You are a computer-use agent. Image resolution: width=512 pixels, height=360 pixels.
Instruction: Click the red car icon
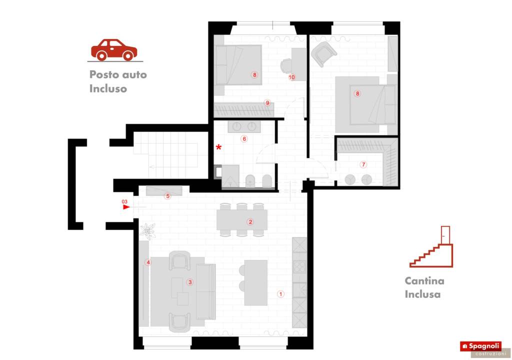(x=114, y=50)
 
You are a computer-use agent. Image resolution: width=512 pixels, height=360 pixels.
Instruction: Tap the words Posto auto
(x=118, y=74)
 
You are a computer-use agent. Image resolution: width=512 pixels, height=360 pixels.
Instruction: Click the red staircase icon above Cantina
(x=431, y=246)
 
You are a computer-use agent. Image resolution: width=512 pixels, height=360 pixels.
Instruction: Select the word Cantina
(x=424, y=280)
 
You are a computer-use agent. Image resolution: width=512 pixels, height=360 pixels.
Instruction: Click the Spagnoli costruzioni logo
(x=484, y=348)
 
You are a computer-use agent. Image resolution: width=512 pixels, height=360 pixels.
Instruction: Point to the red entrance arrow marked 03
(x=126, y=207)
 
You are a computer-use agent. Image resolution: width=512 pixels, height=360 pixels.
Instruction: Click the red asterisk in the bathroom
(x=218, y=147)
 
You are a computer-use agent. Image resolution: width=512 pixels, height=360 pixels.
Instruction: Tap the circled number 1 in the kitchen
(x=280, y=294)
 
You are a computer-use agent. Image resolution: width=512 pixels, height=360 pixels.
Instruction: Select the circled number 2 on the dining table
(x=250, y=222)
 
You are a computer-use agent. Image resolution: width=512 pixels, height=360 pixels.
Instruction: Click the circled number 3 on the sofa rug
(x=190, y=282)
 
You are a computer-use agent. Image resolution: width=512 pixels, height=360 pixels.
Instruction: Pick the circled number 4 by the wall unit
(x=148, y=262)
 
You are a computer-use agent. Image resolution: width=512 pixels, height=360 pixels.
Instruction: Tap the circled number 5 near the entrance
(x=167, y=196)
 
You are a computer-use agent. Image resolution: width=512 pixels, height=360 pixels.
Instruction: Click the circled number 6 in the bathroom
(x=244, y=139)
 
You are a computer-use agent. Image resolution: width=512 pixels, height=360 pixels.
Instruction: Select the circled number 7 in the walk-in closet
(x=363, y=164)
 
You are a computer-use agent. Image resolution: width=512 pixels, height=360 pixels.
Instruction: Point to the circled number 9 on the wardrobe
(x=267, y=103)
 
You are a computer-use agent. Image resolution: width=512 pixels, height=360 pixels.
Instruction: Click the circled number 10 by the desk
(x=291, y=77)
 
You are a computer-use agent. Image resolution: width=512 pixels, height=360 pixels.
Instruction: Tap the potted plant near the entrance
(x=147, y=230)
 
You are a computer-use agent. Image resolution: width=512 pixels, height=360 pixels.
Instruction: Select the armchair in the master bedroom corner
(x=323, y=53)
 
